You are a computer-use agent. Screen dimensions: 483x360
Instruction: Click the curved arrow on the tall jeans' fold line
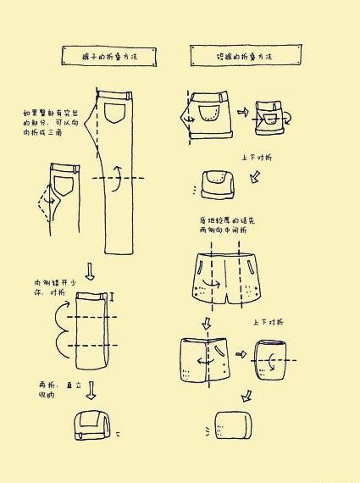(x=119, y=176)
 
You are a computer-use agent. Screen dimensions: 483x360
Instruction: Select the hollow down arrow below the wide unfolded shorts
(x=204, y=323)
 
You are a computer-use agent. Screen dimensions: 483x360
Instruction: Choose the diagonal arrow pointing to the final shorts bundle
(x=246, y=395)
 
